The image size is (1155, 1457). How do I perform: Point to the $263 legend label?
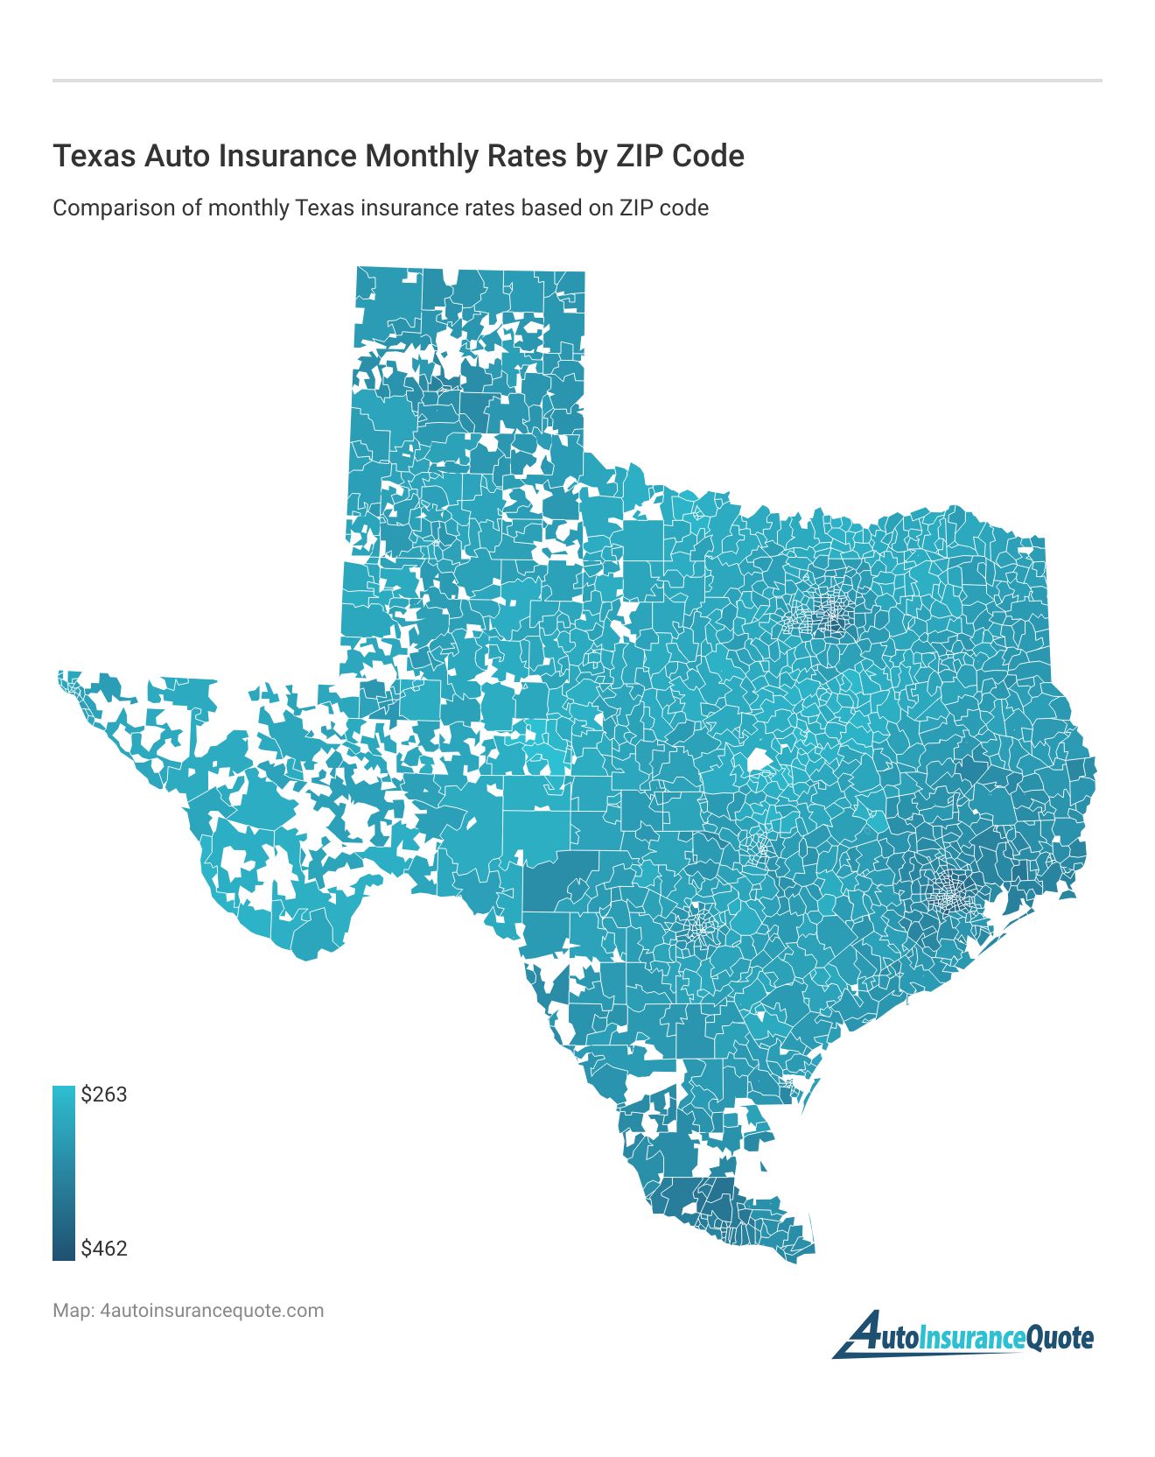point(103,1095)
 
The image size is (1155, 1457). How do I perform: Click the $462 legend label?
point(103,1249)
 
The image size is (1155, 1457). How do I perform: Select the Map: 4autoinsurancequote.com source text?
point(188,1311)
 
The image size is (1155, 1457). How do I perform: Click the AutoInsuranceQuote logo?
point(962,1336)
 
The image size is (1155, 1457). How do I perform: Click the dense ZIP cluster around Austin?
point(759,846)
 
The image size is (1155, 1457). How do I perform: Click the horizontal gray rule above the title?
point(577,81)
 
